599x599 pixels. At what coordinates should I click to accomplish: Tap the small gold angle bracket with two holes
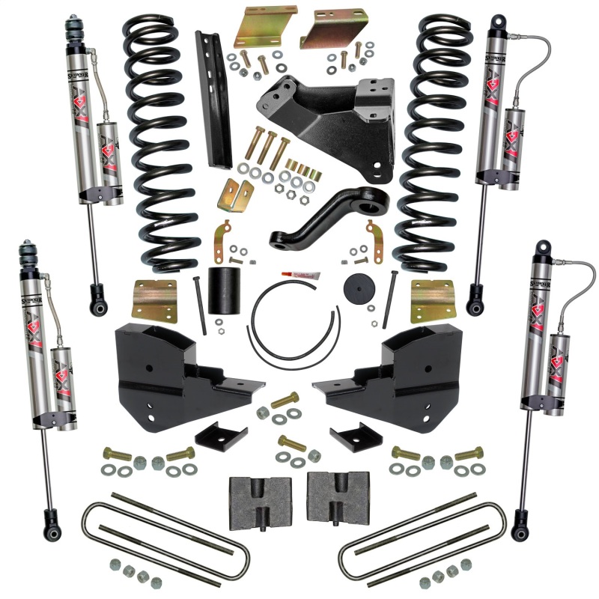tap(234, 195)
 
